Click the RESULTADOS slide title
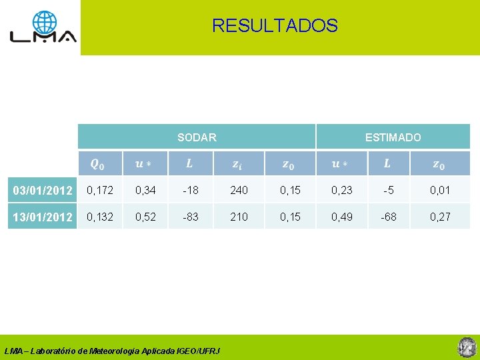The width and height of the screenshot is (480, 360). coord(275,26)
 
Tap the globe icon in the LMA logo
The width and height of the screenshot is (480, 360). coord(45,23)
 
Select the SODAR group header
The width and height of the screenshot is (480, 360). coord(197,137)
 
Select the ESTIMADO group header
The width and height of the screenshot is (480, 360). coord(393,137)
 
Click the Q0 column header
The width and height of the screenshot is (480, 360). coord(97,163)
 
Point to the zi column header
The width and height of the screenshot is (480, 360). coord(237,163)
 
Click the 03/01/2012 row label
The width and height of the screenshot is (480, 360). coord(42,191)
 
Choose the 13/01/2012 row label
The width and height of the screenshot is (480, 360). coord(42,217)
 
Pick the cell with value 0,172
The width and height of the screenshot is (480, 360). coord(101,191)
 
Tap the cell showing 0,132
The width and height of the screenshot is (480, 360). coord(101,217)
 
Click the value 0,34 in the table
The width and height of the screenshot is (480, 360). coord(145,191)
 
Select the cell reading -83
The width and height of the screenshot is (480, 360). coord(190,217)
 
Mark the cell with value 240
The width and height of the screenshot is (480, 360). coord(239,191)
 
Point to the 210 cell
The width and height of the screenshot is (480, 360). coord(239,217)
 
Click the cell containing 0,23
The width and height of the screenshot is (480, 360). coord(342,191)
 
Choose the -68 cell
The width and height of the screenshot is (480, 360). coord(387,217)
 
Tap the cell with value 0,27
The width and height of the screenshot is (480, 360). coord(440,217)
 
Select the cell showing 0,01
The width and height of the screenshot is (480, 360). coord(440,191)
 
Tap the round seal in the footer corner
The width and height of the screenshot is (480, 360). coord(465,347)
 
